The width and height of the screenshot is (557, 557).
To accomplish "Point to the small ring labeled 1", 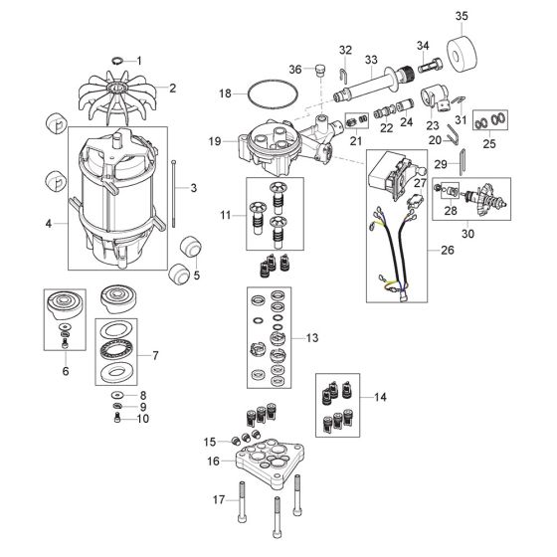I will coord(117,61).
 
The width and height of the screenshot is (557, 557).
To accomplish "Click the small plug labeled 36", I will coord(321,71).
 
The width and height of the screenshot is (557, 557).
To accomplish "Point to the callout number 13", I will coord(311,339).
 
